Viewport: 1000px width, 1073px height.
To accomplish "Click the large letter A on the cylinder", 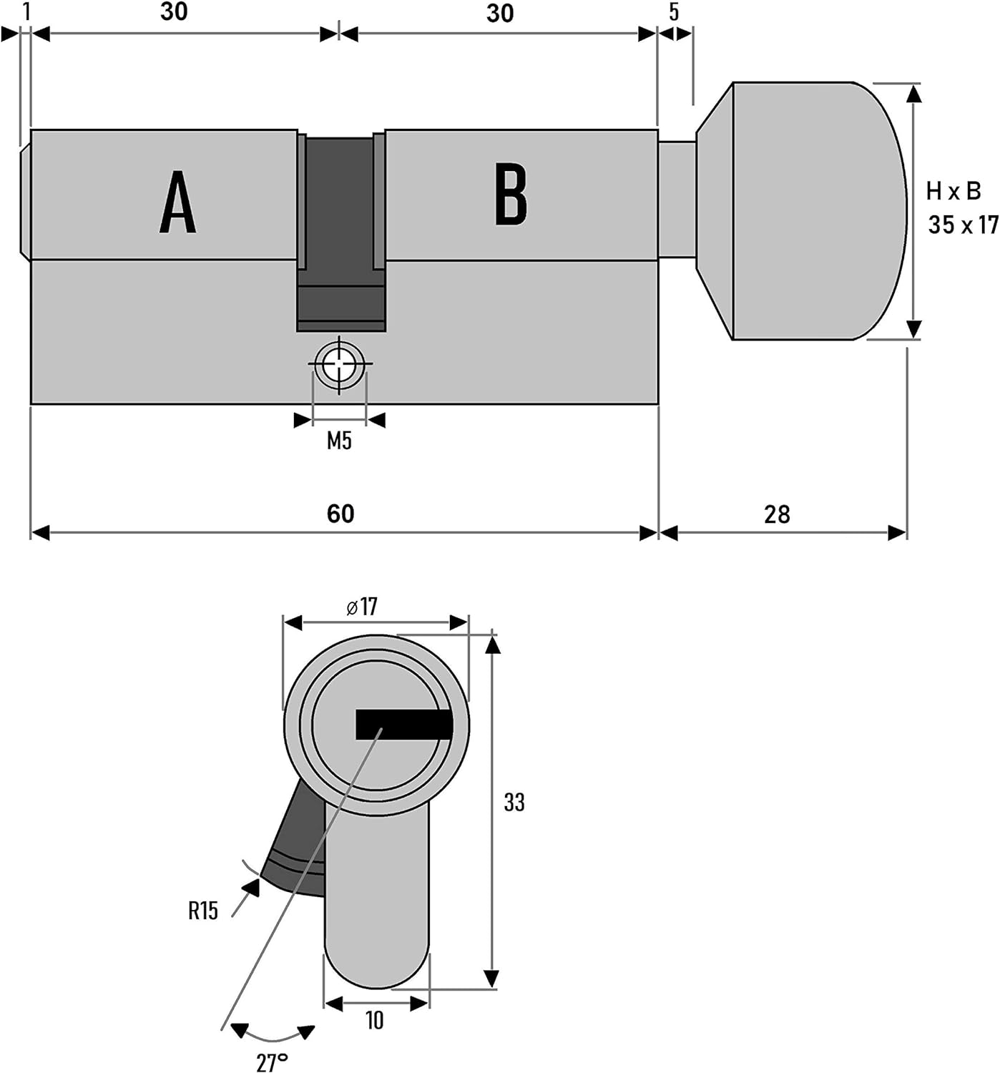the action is tap(178, 202).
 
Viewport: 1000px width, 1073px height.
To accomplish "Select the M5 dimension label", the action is tap(340, 441).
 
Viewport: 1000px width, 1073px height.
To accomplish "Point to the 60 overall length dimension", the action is tap(340, 514).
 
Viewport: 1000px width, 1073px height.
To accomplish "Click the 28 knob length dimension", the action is tap(777, 514).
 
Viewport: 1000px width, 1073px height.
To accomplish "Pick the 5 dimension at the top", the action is tap(674, 12).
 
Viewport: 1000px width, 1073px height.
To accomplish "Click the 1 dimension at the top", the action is tap(26, 12).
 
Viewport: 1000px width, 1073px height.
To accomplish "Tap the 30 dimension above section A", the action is tap(174, 12).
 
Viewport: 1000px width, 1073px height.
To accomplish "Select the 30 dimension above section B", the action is tap(500, 13).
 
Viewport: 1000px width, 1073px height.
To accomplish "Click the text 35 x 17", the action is tap(964, 224).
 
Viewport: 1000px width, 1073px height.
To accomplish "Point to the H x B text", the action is tap(954, 191).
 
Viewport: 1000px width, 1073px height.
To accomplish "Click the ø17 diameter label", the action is tap(362, 607).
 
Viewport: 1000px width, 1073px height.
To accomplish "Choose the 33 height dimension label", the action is tap(514, 802).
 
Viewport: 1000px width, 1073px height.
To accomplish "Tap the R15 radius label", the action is tap(203, 911).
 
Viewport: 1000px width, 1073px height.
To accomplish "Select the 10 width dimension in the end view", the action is tap(375, 1020).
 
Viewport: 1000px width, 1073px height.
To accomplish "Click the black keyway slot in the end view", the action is tap(403, 725).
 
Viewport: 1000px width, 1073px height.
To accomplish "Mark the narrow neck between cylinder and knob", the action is tap(677, 200).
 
